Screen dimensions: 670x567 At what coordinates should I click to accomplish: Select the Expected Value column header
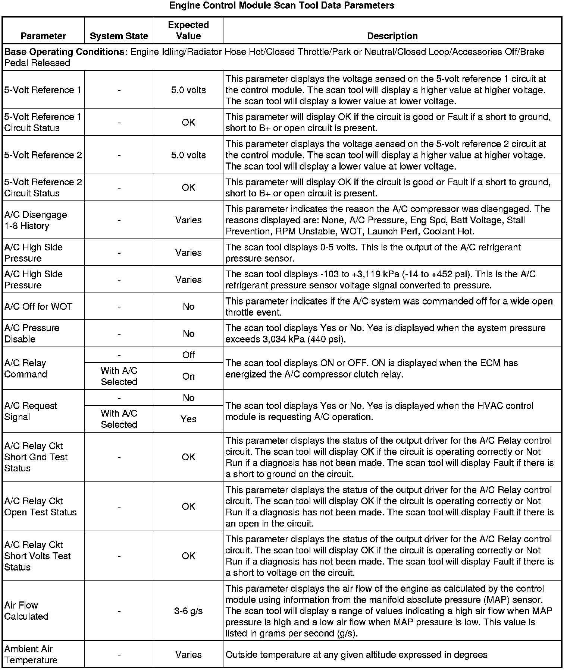(188, 31)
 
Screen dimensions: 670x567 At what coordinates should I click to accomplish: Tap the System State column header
(119, 36)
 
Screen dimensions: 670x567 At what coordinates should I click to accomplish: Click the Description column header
(392, 36)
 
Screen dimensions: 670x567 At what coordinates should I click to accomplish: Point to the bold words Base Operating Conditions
(66, 52)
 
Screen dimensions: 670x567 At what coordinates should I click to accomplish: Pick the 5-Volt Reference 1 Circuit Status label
(43, 122)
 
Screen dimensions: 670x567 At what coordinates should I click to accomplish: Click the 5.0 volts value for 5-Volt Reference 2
(188, 155)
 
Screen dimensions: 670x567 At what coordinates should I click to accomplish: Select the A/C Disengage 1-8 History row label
(35, 220)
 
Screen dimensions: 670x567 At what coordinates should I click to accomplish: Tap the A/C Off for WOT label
(38, 307)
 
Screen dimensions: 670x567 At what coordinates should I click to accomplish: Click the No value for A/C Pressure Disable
(188, 334)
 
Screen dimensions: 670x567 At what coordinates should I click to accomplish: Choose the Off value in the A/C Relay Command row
(188, 355)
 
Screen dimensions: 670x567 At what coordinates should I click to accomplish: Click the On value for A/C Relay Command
(188, 376)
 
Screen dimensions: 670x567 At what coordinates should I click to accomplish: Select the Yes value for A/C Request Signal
(188, 419)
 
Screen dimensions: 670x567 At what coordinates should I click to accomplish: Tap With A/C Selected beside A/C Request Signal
(119, 419)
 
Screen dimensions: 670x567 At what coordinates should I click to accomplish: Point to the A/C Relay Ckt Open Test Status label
(40, 507)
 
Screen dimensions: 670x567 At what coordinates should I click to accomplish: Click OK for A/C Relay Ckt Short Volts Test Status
(188, 556)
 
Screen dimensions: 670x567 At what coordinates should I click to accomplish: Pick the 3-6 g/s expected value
(188, 611)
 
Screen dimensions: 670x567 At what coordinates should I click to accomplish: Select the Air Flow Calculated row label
(26, 611)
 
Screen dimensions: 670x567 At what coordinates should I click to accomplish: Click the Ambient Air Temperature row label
(31, 655)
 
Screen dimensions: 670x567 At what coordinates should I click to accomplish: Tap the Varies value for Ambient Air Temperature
(188, 655)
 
